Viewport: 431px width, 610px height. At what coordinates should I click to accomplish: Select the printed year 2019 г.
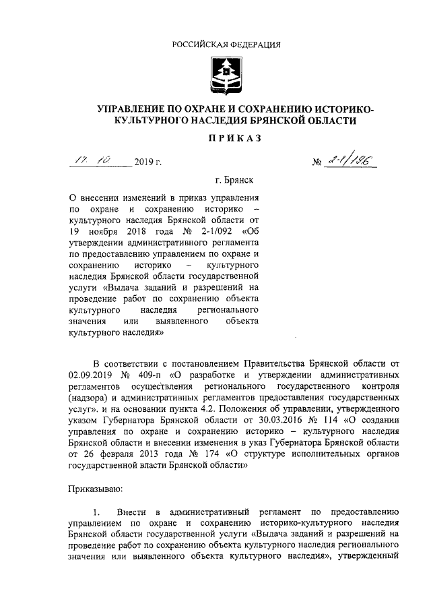(x=148, y=161)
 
